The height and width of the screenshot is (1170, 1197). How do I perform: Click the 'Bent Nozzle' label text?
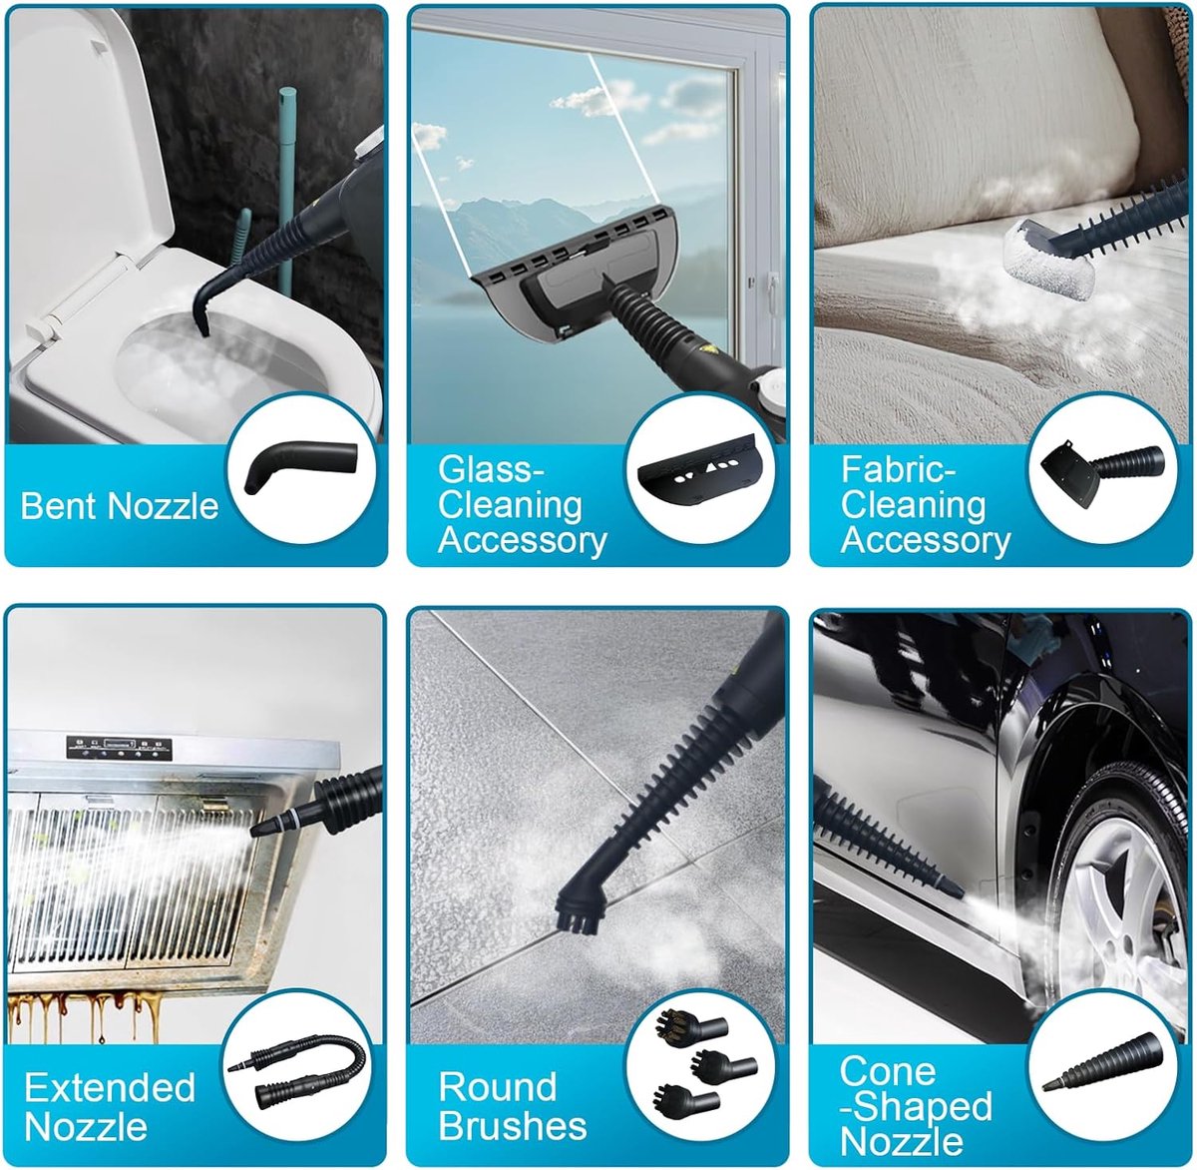[120, 506]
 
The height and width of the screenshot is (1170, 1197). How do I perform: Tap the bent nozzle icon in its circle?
[300, 466]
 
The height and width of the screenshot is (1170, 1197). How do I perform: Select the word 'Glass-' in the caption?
[492, 469]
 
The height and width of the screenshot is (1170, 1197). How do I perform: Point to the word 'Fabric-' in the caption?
[898, 469]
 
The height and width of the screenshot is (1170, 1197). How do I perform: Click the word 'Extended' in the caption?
[110, 1087]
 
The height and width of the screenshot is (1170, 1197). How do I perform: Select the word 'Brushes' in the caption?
[513, 1126]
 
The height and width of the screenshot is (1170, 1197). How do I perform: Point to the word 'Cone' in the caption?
[887, 1071]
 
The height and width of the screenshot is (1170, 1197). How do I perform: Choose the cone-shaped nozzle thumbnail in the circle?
[1103, 1062]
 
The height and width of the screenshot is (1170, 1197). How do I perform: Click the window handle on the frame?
[772, 295]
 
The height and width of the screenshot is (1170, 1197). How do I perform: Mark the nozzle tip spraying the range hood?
[254, 833]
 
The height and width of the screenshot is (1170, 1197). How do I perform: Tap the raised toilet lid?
[92, 136]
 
